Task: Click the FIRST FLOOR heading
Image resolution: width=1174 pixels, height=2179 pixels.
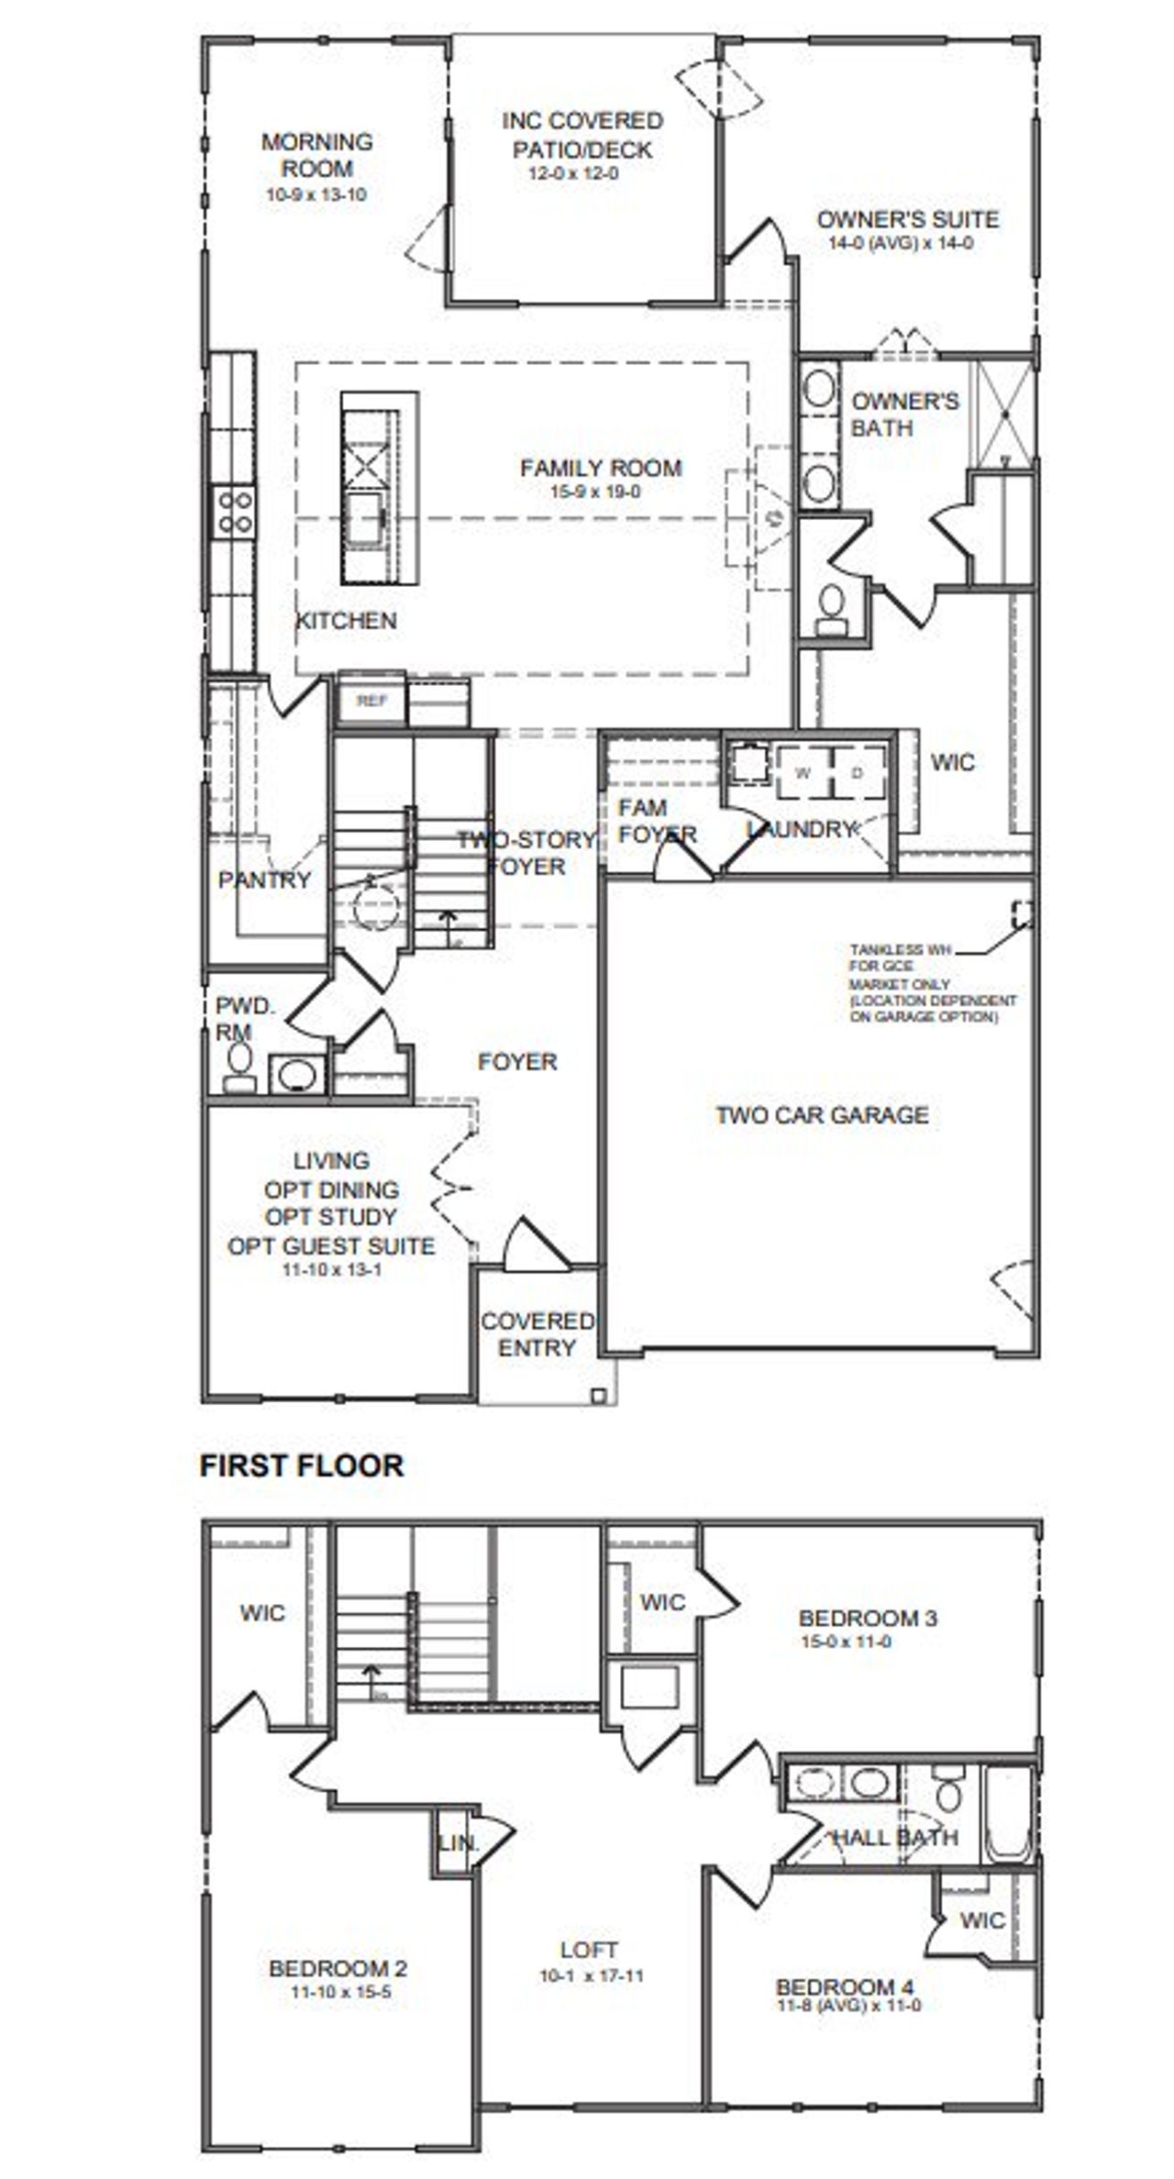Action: (x=301, y=1465)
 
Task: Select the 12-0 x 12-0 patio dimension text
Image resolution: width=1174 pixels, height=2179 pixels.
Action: (x=574, y=173)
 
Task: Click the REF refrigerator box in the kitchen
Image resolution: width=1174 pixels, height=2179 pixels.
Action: (x=371, y=702)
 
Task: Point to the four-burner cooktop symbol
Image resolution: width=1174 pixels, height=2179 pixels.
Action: (x=234, y=512)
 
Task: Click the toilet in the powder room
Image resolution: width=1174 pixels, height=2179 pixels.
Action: (x=239, y=1067)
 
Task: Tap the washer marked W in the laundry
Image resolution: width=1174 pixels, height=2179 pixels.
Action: (x=803, y=772)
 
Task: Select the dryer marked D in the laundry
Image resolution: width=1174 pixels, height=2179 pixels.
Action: (x=858, y=772)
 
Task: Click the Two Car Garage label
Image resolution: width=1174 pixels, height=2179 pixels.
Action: (x=822, y=1115)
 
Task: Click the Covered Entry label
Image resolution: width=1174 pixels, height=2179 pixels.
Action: (x=537, y=1334)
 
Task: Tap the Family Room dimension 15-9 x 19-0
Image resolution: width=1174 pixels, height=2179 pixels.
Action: (x=594, y=492)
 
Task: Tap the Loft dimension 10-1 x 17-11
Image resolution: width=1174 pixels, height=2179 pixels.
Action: (x=591, y=1975)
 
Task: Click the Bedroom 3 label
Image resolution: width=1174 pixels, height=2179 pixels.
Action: (x=868, y=1618)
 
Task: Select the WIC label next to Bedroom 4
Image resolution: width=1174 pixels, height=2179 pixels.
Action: (x=982, y=1919)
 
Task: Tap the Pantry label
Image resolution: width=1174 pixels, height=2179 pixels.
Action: (x=264, y=880)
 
